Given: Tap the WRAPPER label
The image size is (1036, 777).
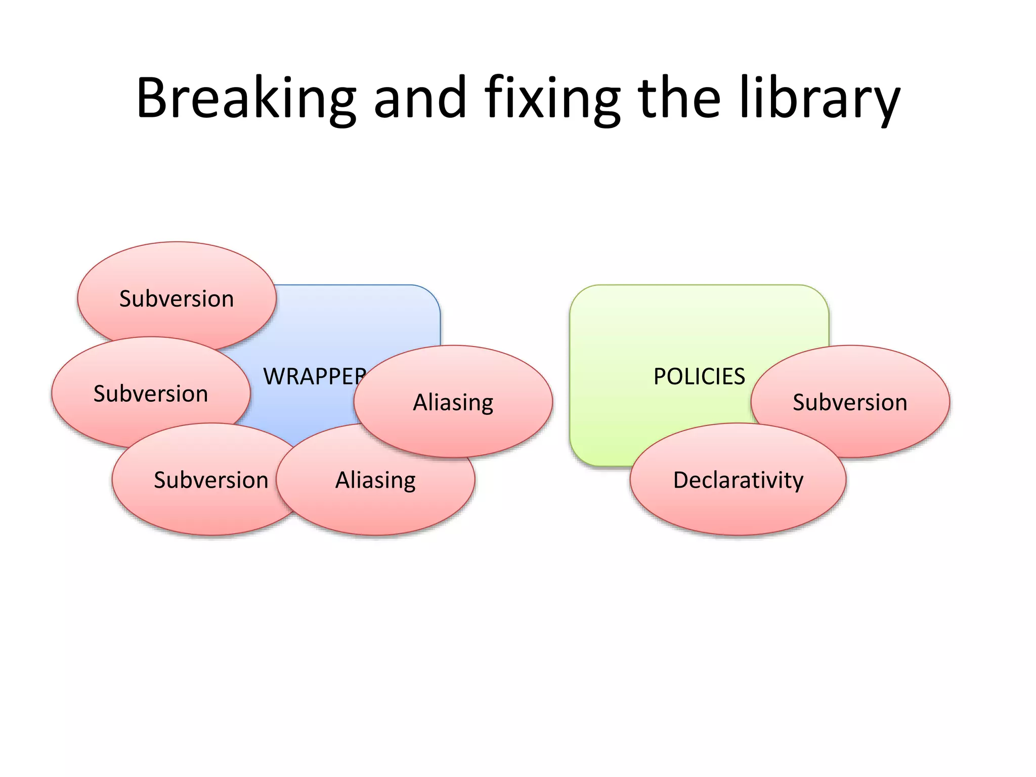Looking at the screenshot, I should pos(314,376).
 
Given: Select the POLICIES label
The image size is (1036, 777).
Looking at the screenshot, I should pos(699,376).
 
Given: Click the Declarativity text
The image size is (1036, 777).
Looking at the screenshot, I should pos(738,480).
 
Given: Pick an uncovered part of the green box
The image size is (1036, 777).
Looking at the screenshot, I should pos(658,324).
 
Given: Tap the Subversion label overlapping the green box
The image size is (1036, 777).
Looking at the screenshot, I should pos(850,403).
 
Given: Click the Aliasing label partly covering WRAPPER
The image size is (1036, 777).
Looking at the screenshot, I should pos(453,403).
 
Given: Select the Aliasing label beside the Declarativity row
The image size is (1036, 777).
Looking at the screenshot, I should pos(375,480).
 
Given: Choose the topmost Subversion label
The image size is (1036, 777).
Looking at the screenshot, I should pos(177,298).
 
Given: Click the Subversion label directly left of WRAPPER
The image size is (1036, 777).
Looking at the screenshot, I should pos(151,394).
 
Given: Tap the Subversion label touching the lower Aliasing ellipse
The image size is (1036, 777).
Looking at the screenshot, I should pos(211,480).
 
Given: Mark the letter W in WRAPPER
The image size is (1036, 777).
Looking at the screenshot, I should pos(276,376).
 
